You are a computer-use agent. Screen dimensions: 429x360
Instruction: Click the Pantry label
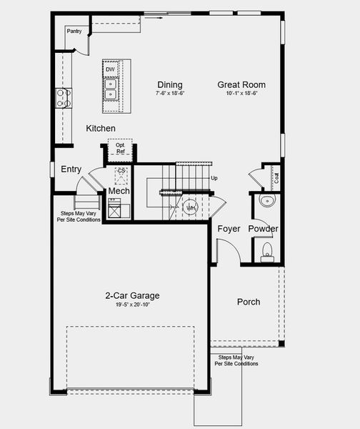pyautogui.click(x=74, y=31)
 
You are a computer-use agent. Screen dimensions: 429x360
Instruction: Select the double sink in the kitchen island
pyautogui.click(x=111, y=89)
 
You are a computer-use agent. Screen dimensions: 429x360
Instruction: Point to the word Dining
pyautogui.click(x=169, y=84)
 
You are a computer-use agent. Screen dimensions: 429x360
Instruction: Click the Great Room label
pyautogui.click(x=241, y=84)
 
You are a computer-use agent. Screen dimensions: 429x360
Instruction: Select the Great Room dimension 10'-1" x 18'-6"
pyautogui.click(x=241, y=94)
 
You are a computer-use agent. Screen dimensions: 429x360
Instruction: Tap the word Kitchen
pyautogui.click(x=101, y=128)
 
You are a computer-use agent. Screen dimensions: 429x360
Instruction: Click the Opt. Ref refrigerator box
pyautogui.click(x=120, y=148)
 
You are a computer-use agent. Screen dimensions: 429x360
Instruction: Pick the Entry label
pyautogui.click(x=71, y=169)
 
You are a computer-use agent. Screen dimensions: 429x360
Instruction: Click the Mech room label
pyautogui.click(x=119, y=191)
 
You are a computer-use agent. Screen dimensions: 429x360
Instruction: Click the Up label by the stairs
pyautogui.click(x=214, y=178)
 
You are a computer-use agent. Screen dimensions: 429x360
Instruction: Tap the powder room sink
pyautogui.click(x=266, y=201)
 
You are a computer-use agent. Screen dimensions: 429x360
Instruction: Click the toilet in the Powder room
pyautogui.click(x=267, y=251)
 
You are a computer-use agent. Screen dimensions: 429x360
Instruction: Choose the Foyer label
pyautogui.click(x=229, y=229)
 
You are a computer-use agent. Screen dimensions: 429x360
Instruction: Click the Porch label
pyautogui.click(x=249, y=302)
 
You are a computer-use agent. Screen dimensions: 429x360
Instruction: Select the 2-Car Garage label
pyautogui.click(x=132, y=295)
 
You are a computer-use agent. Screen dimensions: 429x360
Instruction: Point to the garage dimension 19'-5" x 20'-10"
pyautogui.click(x=132, y=305)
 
